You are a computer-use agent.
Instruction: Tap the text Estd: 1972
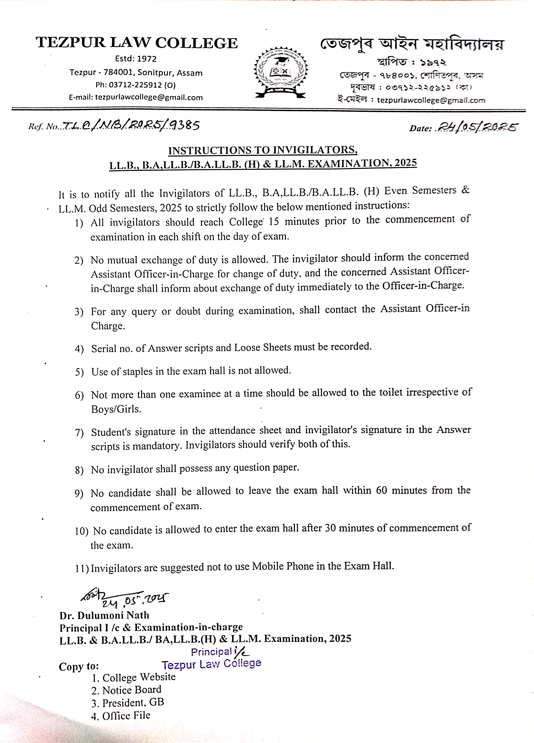click(136, 59)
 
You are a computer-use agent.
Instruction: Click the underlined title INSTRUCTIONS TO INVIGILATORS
click(263, 150)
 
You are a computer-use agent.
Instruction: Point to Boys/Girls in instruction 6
click(116, 409)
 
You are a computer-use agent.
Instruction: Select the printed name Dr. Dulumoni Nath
click(104, 615)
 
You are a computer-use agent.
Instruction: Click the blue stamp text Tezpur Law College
click(211, 664)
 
